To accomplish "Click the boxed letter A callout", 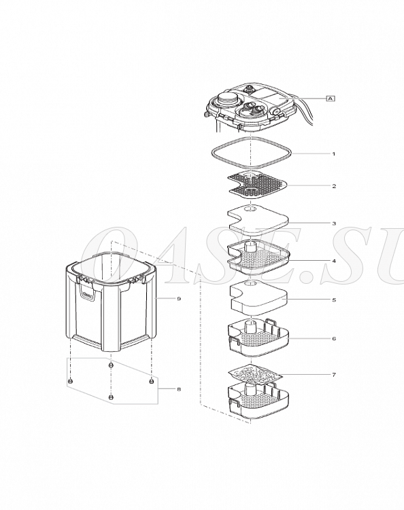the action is [331, 98].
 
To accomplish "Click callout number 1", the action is [333, 154].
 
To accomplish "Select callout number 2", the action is [334, 186].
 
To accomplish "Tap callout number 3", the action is [334, 223].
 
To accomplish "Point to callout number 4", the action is [334, 261].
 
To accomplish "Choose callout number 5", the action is [334, 300].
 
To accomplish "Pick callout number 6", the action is [334, 339].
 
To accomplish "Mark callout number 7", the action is [334, 375].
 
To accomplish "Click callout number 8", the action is [179, 389].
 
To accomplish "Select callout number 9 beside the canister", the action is [179, 299].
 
